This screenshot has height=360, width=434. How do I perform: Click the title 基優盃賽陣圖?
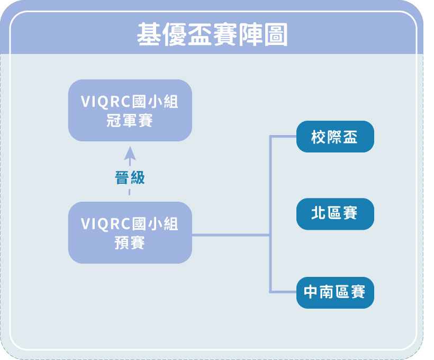tap(212, 34)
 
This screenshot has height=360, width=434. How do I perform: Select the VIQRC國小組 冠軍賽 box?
tap(130, 110)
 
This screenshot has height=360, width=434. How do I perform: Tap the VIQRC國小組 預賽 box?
tap(130, 232)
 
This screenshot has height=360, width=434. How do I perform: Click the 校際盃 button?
tap(335, 137)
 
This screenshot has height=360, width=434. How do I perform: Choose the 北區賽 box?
tap(335, 214)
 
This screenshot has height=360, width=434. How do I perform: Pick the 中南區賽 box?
tap(335, 292)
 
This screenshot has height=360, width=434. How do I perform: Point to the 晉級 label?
tap(130, 177)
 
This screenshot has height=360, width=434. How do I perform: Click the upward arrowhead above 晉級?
tap(130, 153)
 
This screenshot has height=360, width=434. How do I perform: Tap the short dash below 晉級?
tap(129, 192)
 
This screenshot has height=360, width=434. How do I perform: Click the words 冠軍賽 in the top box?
tap(130, 121)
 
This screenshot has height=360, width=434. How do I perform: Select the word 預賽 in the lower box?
tap(130, 243)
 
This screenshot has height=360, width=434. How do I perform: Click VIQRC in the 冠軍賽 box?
tap(105, 101)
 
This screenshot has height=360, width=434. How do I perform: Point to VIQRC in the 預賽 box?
tap(105, 224)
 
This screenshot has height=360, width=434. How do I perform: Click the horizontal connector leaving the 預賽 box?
tap(231, 235)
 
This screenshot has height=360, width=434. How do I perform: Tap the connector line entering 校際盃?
tap(283, 136)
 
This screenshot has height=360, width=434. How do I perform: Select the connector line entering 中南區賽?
tap(283, 292)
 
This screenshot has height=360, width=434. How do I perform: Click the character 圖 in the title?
tap(276, 34)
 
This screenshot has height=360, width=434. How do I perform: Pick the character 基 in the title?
tap(149, 34)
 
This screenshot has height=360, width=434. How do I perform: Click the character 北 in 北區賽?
tap(318, 213)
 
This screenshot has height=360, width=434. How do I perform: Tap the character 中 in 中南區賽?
tap(311, 292)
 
